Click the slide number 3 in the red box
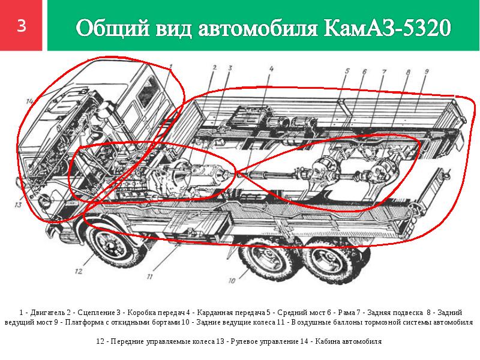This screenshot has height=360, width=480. pyautogui.click(x=22, y=26)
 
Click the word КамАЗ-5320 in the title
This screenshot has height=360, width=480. pyautogui.click(x=387, y=28)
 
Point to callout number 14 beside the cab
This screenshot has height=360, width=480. pyautogui.click(x=29, y=101)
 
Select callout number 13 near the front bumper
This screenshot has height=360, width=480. pyautogui.click(x=18, y=205)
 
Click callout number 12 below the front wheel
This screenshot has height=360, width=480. pyautogui.click(x=79, y=271)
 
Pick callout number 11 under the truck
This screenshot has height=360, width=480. pyautogui.click(x=149, y=277)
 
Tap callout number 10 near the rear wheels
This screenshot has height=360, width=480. pyautogui.click(x=232, y=280)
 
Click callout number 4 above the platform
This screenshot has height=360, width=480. pyautogui.click(x=271, y=68)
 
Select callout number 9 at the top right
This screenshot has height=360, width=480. pyautogui.click(x=427, y=71)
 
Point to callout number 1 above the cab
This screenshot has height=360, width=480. pyautogui.click(x=171, y=66)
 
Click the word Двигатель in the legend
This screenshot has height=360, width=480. pyautogui.click(x=47, y=313)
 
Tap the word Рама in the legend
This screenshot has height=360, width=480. pyautogui.click(x=347, y=313)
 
